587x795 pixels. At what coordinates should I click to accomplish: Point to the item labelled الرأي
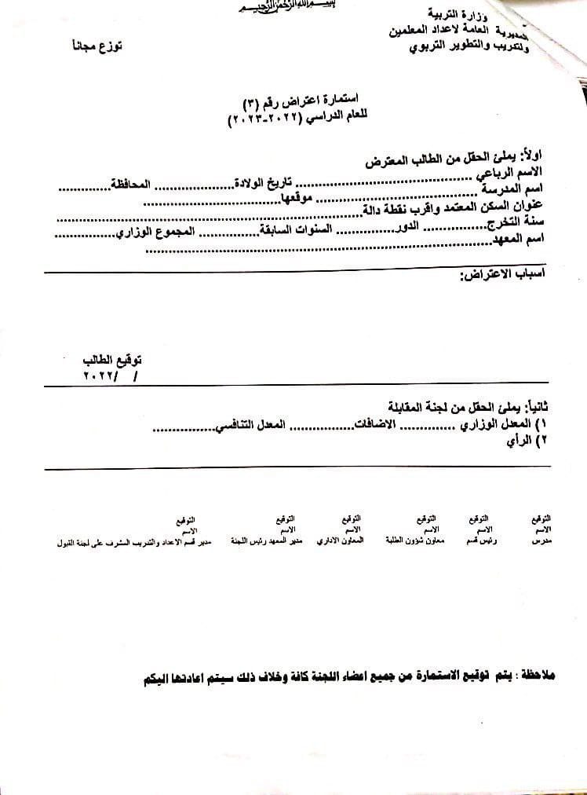click(x=521, y=441)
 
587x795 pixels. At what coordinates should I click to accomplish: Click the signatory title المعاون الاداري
click(x=340, y=542)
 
